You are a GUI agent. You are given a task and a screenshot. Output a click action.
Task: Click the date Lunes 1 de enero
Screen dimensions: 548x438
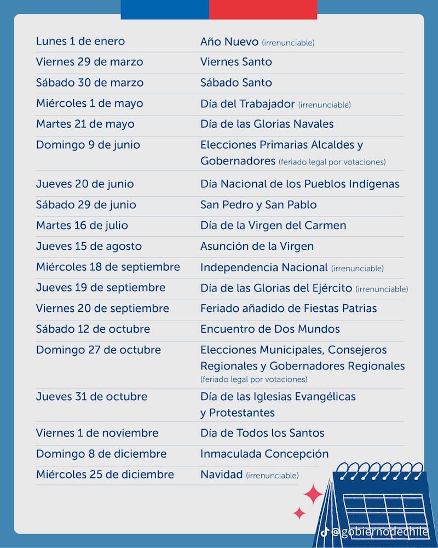coord(80,41)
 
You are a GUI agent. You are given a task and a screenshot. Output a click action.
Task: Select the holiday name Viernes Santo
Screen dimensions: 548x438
coord(236,62)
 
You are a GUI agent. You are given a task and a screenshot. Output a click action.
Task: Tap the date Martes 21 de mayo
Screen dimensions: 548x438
coord(85,124)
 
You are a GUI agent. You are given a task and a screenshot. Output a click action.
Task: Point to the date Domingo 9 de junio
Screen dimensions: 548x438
coord(88,145)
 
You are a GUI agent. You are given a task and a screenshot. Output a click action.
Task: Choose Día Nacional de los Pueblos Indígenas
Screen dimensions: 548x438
coord(299,184)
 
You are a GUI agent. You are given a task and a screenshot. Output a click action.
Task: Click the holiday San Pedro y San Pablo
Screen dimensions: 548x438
coord(258,205)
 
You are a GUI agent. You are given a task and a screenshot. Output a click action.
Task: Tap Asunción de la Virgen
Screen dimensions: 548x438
coord(257,247)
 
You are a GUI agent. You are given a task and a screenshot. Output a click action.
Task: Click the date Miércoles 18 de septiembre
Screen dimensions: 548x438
coord(108,267)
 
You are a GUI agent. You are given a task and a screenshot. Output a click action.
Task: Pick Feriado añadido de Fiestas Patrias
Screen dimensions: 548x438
coord(289,309)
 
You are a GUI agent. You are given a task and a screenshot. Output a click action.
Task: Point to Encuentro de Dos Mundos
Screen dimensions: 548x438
coord(270,329)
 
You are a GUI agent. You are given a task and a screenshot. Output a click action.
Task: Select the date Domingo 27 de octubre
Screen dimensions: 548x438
coord(99,350)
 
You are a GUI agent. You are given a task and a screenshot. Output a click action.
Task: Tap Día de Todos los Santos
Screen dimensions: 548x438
coord(262,433)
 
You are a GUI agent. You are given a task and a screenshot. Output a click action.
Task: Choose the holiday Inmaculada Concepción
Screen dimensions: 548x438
coord(264,454)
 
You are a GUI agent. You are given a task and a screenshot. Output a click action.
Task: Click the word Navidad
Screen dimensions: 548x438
coord(221,475)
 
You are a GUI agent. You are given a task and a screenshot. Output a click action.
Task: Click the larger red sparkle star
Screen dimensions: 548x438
coord(313,494)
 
